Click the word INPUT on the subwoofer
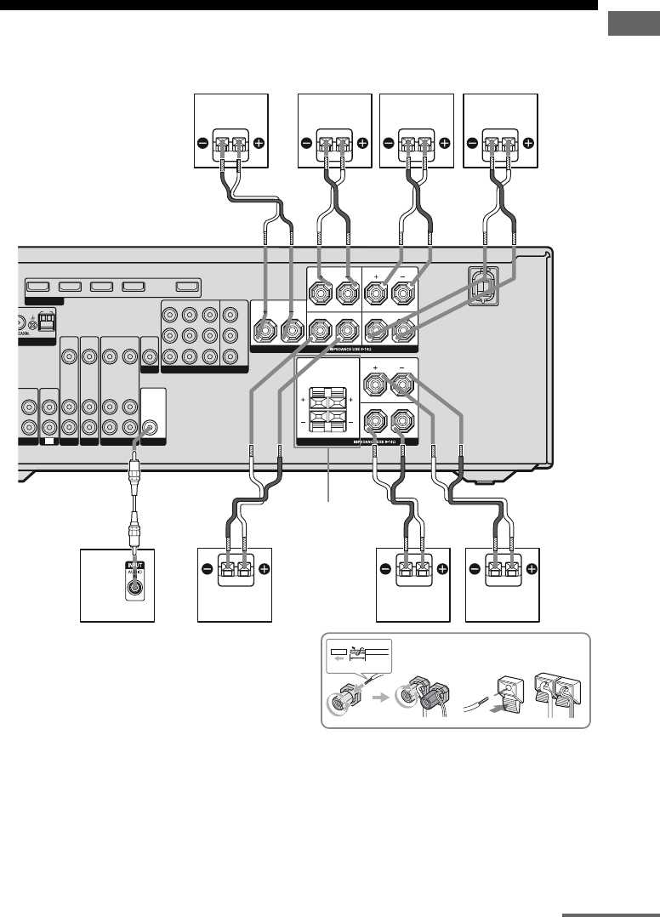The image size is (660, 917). (x=133, y=563)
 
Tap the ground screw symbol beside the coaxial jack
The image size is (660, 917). (x=32, y=322)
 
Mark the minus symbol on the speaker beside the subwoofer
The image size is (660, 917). (x=205, y=569)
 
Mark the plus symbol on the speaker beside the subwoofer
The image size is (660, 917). (x=263, y=569)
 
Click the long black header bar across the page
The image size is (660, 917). (x=299, y=4)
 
